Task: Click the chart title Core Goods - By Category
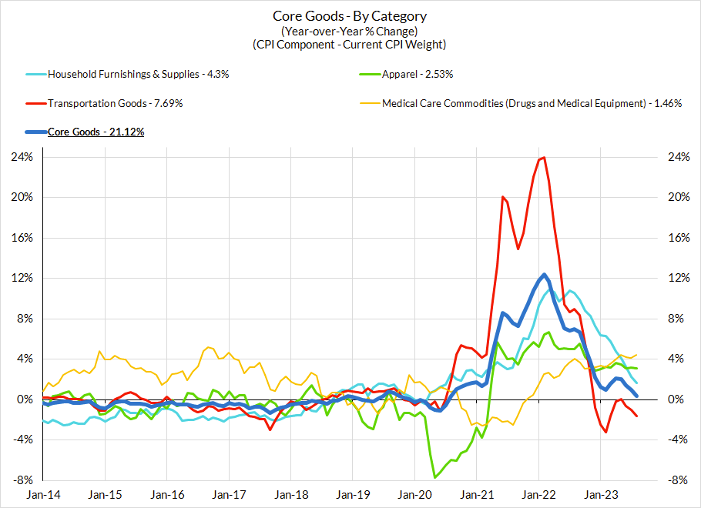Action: tap(350, 15)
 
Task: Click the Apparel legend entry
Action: tap(417, 75)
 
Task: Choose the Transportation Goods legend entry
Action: tap(115, 103)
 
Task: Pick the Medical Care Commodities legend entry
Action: tap(532, 103)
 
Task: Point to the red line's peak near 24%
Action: tap(544, 158)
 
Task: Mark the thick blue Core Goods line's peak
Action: tap(544, 275)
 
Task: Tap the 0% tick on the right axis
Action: tap(676, 399)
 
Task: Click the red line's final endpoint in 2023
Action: tap(636, 416)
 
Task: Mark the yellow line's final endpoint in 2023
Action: tap(636, 355)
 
